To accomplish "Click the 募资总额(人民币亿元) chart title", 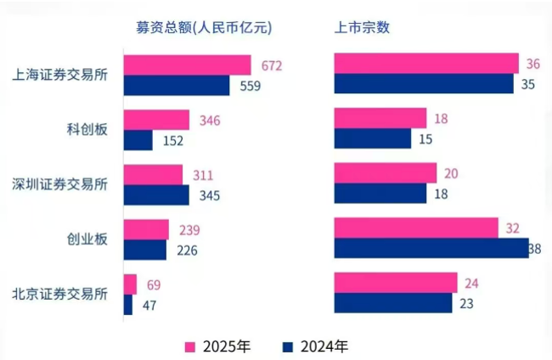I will tap(204, 27).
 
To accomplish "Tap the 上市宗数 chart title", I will tap(363, 27).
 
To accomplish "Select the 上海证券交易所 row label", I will tap(60, 74).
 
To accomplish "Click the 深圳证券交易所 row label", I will tap(60, 184).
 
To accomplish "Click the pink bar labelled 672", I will tap(187, 65).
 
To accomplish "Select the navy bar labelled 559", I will tap(177, 85).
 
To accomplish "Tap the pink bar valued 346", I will tap(156, 120).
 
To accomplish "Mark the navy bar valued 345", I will tap(156, 194).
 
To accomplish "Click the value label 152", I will tap(172, 141).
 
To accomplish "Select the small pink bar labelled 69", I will tap(130, 284).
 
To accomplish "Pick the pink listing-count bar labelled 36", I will tap(426, 64).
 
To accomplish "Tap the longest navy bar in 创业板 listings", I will tap(431, 248).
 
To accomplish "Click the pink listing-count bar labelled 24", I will tap(396, 283).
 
